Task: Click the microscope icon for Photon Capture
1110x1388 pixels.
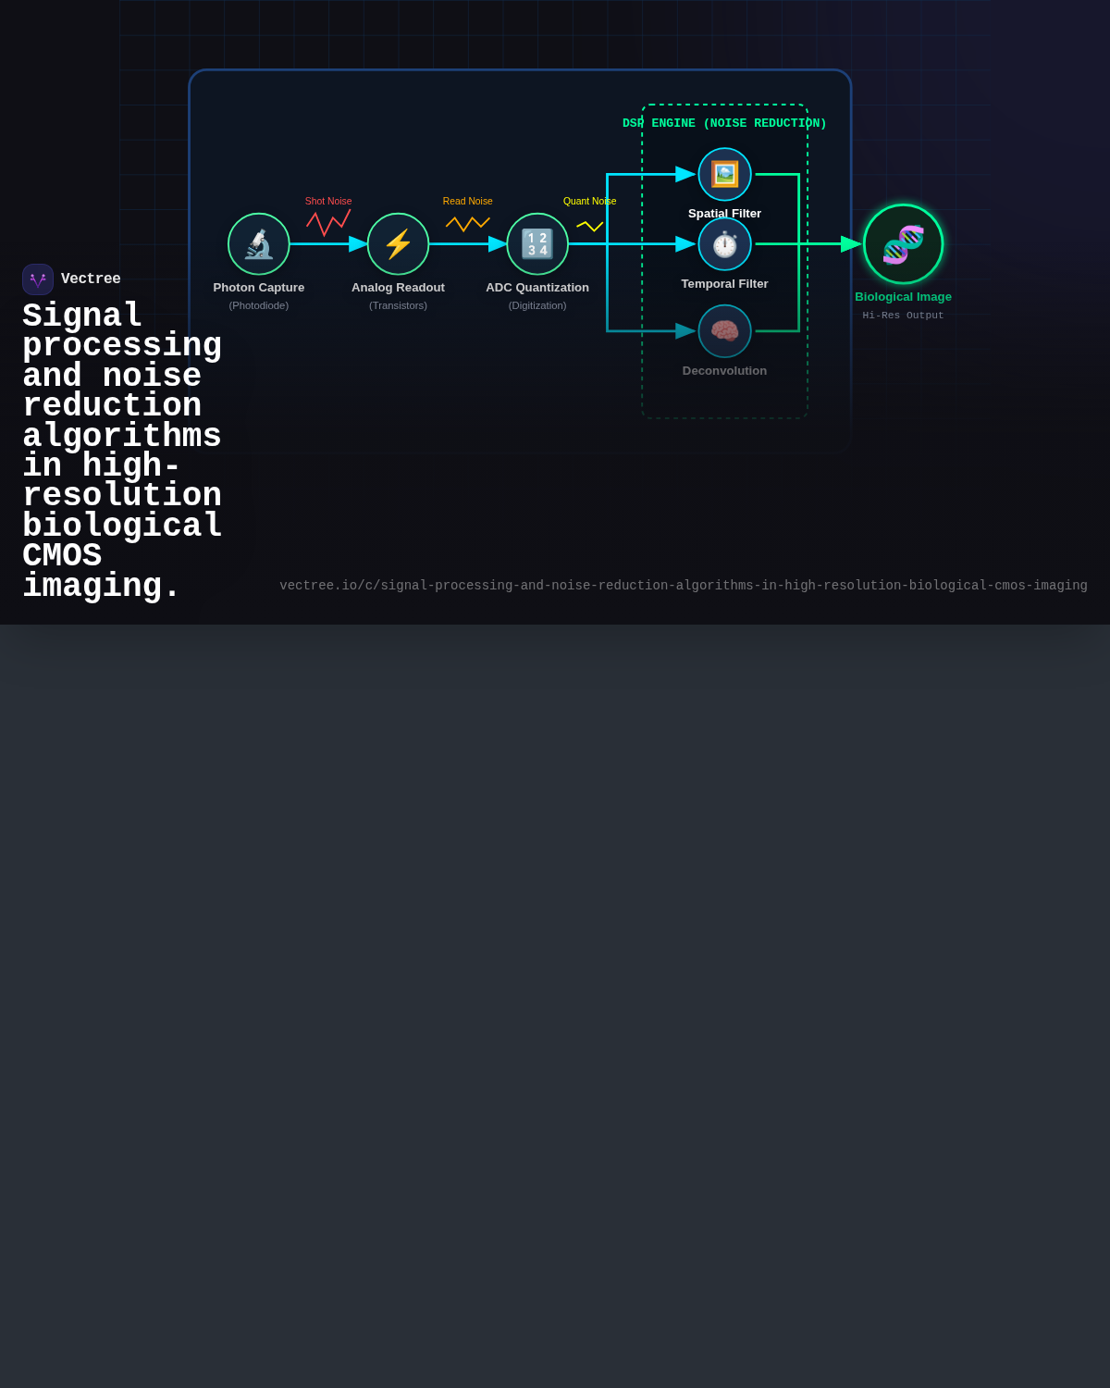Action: (x=259, y=243)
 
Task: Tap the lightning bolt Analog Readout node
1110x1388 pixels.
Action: (x=398, y=243)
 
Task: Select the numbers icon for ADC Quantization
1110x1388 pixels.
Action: (x=537, y=243)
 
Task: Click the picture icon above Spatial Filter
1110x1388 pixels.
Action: (x=724, y=174)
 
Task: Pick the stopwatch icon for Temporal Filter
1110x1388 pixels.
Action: (x=724, y=244)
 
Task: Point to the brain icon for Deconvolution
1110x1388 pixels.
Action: (x=724, y=331)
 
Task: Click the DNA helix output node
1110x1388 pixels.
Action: (x=903, y=243)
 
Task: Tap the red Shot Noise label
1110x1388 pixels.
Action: (x=328, y=201)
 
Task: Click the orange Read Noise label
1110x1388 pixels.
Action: (x=468, y=201)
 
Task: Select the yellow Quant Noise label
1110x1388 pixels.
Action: (x=589, y=201)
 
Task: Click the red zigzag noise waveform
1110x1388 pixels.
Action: (x=328, y=222)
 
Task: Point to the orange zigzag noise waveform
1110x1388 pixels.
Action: (x=468, y=224)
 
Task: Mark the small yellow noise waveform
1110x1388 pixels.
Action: (x=589, y=227)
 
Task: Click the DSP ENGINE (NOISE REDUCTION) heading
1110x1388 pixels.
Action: (x=724, y=123)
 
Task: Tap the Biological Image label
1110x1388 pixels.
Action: (x=903, y=297)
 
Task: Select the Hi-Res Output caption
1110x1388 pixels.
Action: (x=903, y=316)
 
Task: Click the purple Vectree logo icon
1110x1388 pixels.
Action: (x=38, y=279)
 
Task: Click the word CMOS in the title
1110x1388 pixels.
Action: (x=62, y=555)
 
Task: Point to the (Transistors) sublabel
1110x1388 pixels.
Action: (x=398, y=305)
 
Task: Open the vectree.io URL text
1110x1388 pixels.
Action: (x=683, y=586)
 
